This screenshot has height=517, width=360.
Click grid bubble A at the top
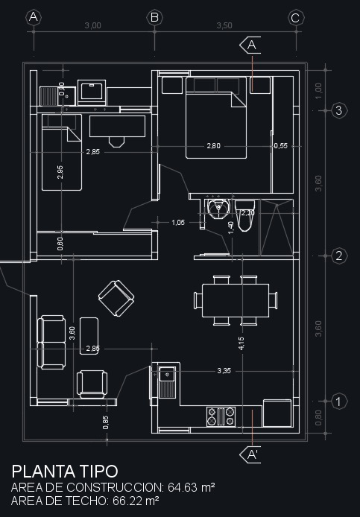pyautogui.click(x=34, y=18)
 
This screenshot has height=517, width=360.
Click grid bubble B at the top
pyautogui.click(x=155, y=18)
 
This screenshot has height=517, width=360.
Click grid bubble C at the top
pyautogui.click(x=294, y=18)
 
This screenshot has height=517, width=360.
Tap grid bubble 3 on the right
pyautogui.click(x=338, y=110)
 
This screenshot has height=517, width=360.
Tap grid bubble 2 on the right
pyautogui.click(x=338, y=256)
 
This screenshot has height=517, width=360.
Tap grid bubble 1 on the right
pyautogui.click(x=338, y=401)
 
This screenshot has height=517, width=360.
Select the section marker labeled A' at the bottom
pyautogui.click(x=252, y=454)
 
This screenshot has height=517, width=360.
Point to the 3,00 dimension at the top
pyautogui.click(x=92, y=25)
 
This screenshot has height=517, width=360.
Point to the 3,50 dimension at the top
pyautogui.click(x=224, y=25)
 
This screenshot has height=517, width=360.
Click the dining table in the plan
pyautogui.click(x=235, y=299)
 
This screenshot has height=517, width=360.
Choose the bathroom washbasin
pyautogui.click(x=218, y=209)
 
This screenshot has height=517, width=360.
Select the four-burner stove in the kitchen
pyautogui.click(x=221, y=416)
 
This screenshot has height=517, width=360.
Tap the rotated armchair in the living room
pyautogui.click(x=116, y=298)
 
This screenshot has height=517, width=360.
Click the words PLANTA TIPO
pyautogui.click(x=64, y=471)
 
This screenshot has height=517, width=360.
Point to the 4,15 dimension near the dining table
pyautogui.click(x=240, y=343)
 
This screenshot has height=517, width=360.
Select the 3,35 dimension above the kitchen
pyautogui.click(x=224, y=370)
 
